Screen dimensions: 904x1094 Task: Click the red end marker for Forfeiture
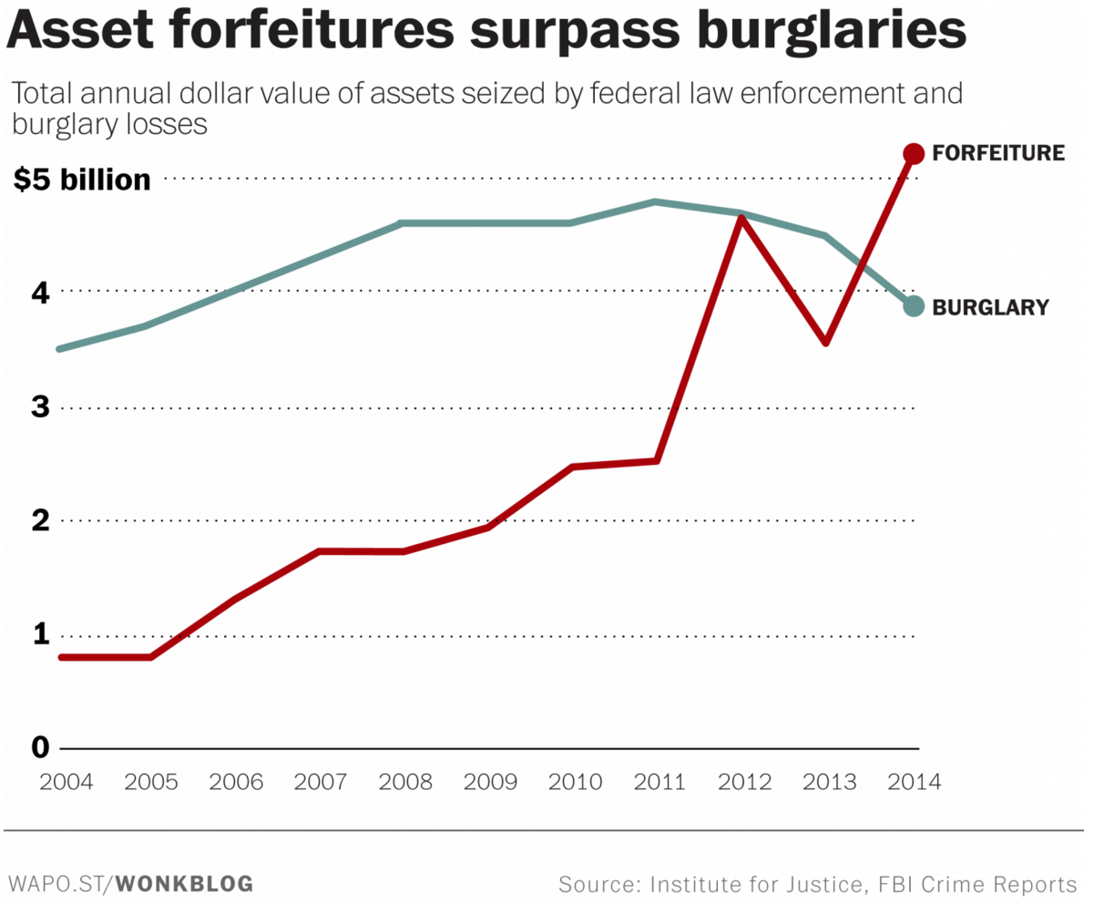click(x=914, y=153)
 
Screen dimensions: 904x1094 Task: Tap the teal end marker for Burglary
click(x=914, y=306)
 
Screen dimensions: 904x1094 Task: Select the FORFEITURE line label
click(x=998, y=153)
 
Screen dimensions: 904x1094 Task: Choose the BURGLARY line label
click(x=991, y=308)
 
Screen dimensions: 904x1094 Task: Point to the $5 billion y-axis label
click(x=82, y=180)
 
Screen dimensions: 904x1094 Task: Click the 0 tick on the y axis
click(x=39, y=748)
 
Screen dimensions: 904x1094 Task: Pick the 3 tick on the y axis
click(x=39, y=407)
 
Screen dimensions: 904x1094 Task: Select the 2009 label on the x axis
click(x=491, y=782)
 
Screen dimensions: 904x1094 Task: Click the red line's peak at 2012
click(x=741, y=218)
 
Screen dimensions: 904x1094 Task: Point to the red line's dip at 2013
click(x=825, y=343)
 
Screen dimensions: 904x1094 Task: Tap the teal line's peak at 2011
click(x=655, y=201)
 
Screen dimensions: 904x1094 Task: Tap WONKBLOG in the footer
click(x=186, y=883)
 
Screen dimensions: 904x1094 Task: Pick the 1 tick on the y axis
click(x=39, y=634)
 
